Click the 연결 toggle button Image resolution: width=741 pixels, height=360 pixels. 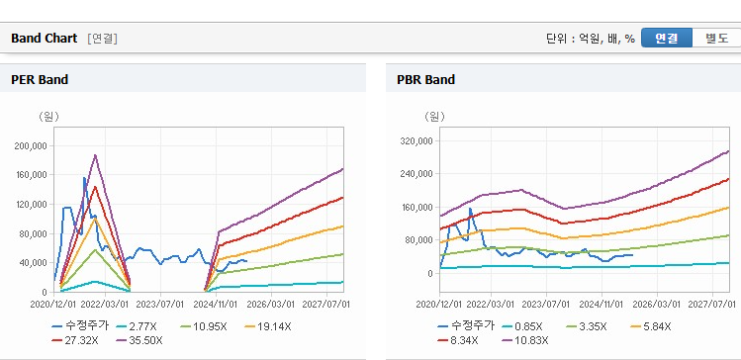tap(667, 38)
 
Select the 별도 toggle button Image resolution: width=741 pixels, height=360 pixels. tap(716, 38)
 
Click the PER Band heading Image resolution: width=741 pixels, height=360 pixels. tap(40, 80)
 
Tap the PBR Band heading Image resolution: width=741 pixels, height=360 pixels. tap(425, 80)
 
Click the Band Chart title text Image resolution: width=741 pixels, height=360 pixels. tap(44, 39)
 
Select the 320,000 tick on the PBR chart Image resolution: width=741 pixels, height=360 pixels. tap(417, 140)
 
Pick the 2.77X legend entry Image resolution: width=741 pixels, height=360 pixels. tap(139, 326)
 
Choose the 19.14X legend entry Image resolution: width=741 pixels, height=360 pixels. tap(268, 326)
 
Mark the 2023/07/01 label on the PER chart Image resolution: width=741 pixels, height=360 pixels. tap(160, 304)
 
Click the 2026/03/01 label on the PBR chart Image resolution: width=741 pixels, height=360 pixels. tap(657, 304)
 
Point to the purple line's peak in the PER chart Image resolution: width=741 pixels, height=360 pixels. tap(95, 155)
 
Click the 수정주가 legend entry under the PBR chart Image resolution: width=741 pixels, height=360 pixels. tap(466, 326)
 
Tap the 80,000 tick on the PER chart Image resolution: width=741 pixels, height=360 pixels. tap(33, 233)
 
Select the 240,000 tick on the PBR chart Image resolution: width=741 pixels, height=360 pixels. tap(417, 174)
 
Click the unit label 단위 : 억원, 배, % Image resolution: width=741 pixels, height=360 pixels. tap(591, 39)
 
